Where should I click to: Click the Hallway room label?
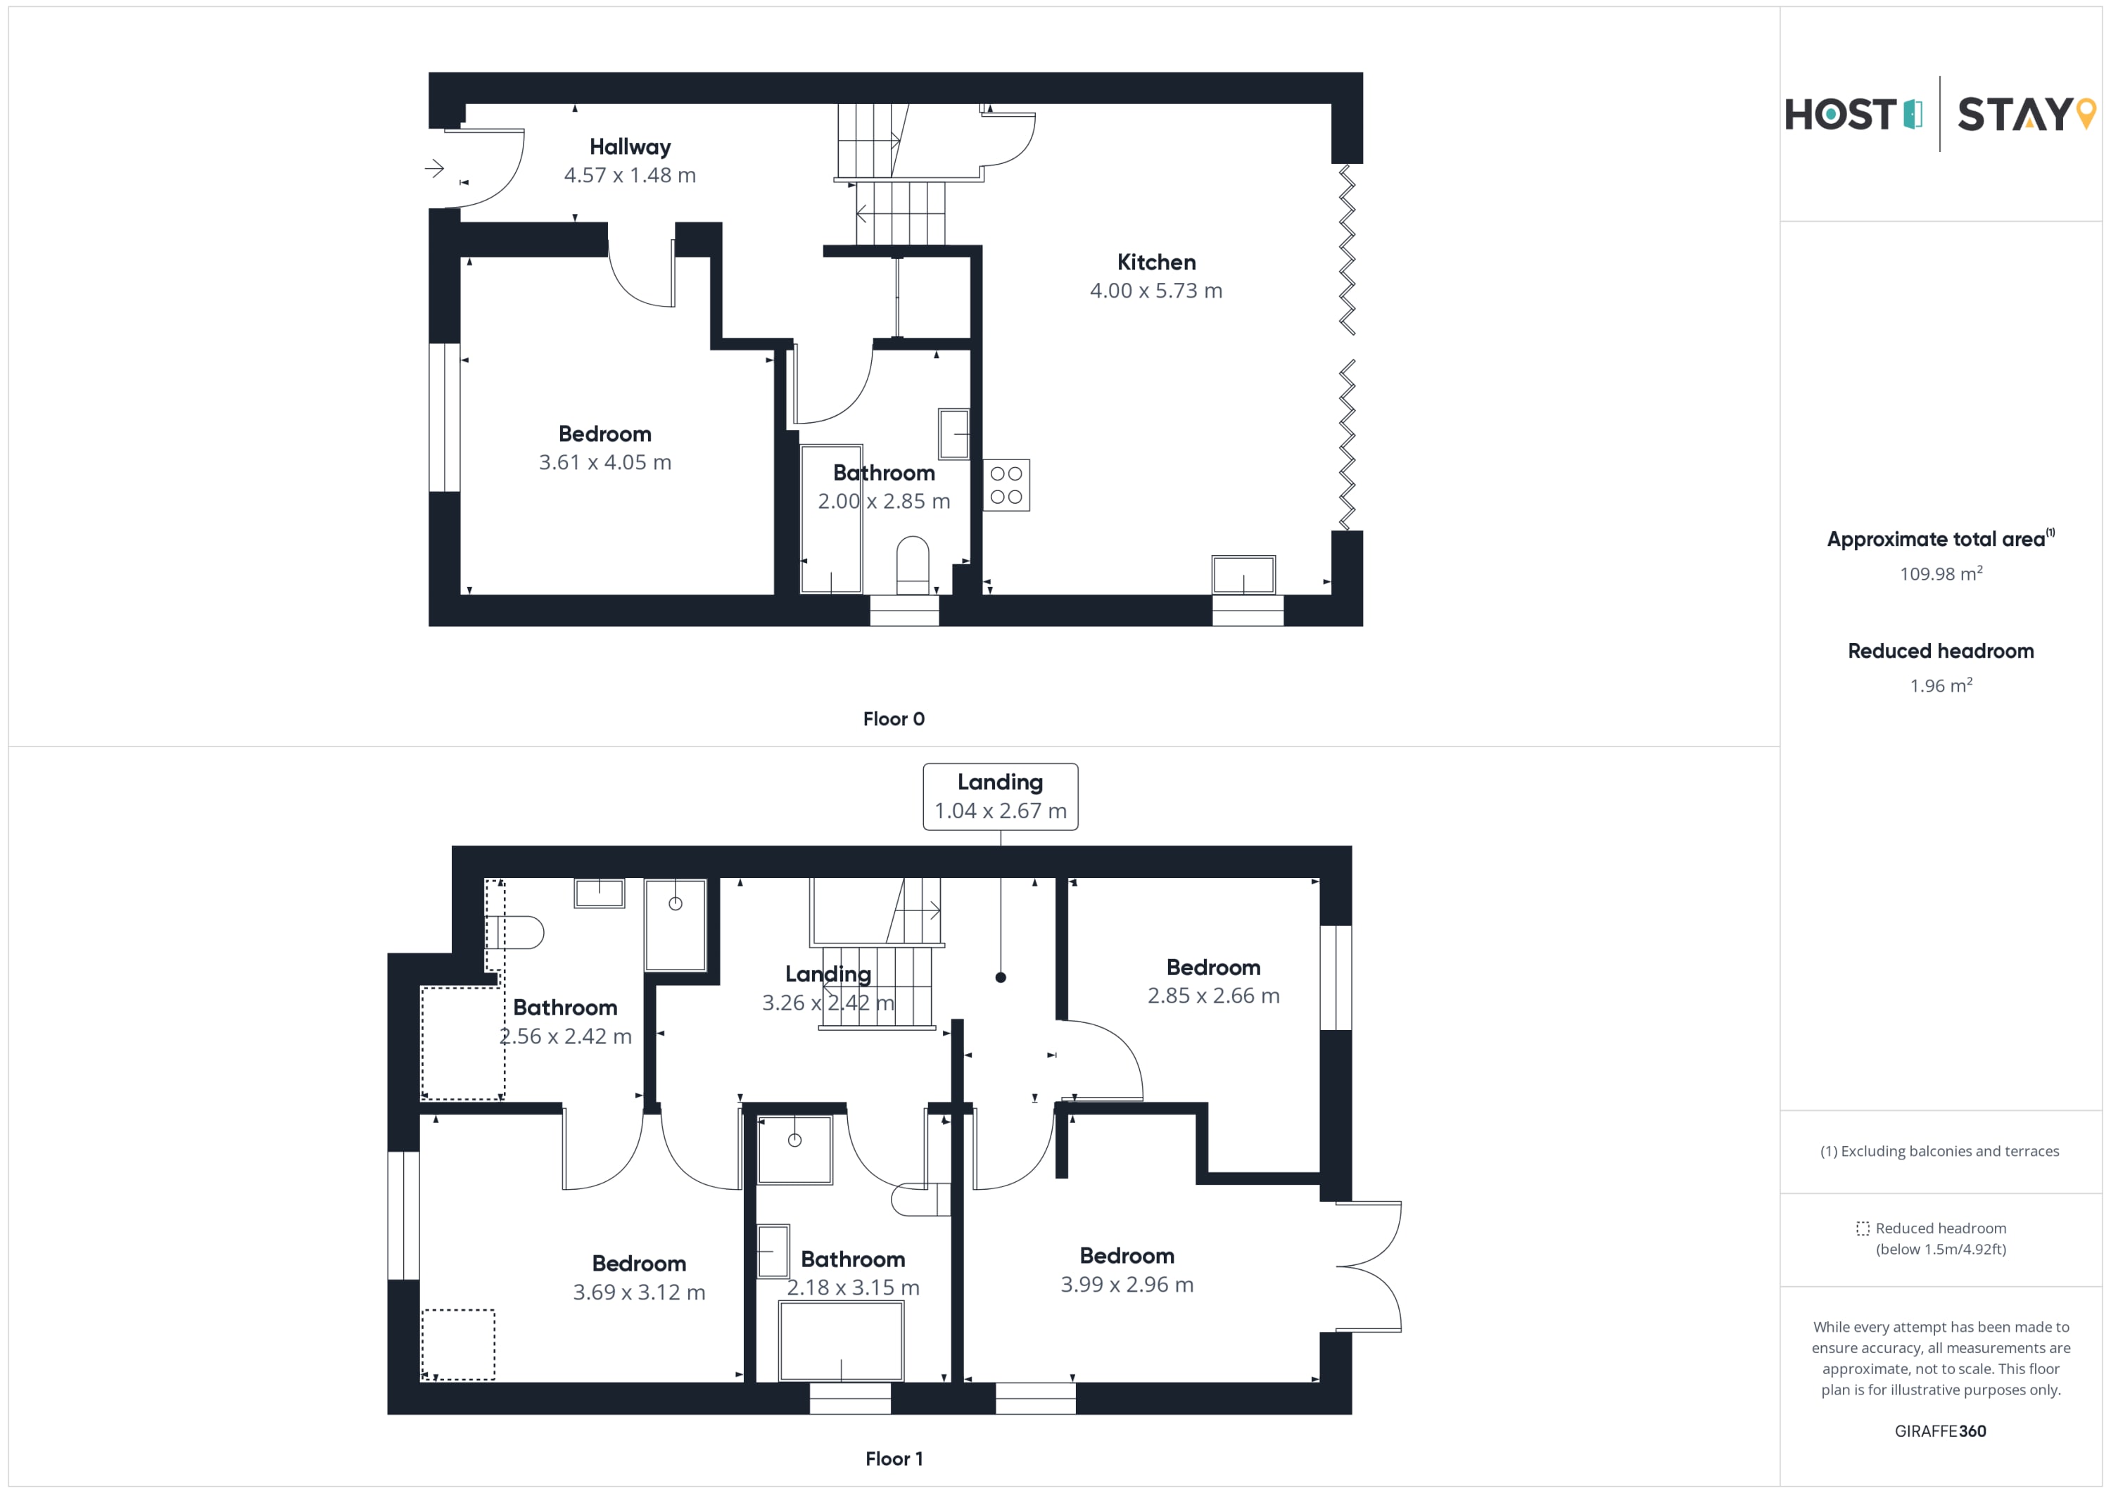[x=630, y=147]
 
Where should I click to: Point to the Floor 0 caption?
[x=894, y=719]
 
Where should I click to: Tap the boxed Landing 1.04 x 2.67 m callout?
[x=1001, y=796]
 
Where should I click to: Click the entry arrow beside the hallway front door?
[x=434, y=168]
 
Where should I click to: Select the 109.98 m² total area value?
[x=1941, y=573]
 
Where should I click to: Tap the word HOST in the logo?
[x=1840, y=115]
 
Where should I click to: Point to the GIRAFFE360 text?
[x=1940, y=1430]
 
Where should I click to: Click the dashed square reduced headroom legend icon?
[x=1863, y=1228]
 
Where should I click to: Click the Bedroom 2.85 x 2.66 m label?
[x=1214, y=981]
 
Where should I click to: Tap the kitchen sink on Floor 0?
[x=1243, y=576]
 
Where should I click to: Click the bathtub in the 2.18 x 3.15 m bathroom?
[x=842, y=1340]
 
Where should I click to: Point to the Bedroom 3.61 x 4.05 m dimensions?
[x=605, y=462]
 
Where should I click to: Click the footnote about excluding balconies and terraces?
[x=1940, y=1151]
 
